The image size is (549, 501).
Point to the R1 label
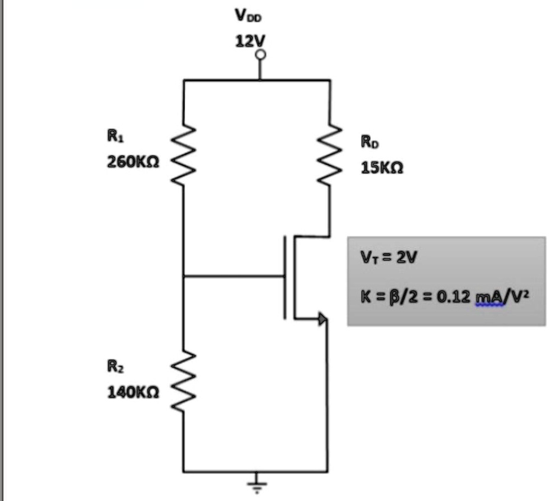pos(115,136)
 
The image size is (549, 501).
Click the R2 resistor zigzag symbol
pos(183,381)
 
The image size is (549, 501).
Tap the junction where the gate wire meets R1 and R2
pos(183,276)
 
